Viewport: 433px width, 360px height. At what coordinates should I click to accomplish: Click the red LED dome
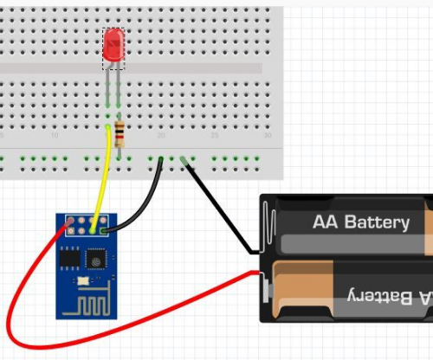[113, 46]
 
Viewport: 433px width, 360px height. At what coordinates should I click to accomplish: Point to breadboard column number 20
[161, 137]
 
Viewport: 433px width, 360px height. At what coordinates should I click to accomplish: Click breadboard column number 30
[267, 137]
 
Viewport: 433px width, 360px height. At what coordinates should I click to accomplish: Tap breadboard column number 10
[55, 137]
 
